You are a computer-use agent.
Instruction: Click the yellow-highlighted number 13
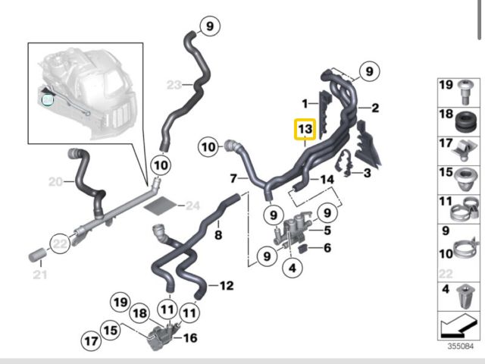[303, 130]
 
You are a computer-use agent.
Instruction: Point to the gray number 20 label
[55, 182]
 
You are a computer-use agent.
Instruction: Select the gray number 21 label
[39, 273]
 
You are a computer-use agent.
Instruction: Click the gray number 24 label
[192, 206]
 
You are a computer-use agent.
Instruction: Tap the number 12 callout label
[227, 287]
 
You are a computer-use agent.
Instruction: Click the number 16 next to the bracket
[190, 337]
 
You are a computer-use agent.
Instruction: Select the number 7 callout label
[235, 180]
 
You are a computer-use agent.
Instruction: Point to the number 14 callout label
[327, 180]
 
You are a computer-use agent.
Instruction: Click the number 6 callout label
[327, 248]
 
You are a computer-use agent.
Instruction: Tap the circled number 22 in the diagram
[59, 243]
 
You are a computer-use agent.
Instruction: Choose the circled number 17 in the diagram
[92, 342]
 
